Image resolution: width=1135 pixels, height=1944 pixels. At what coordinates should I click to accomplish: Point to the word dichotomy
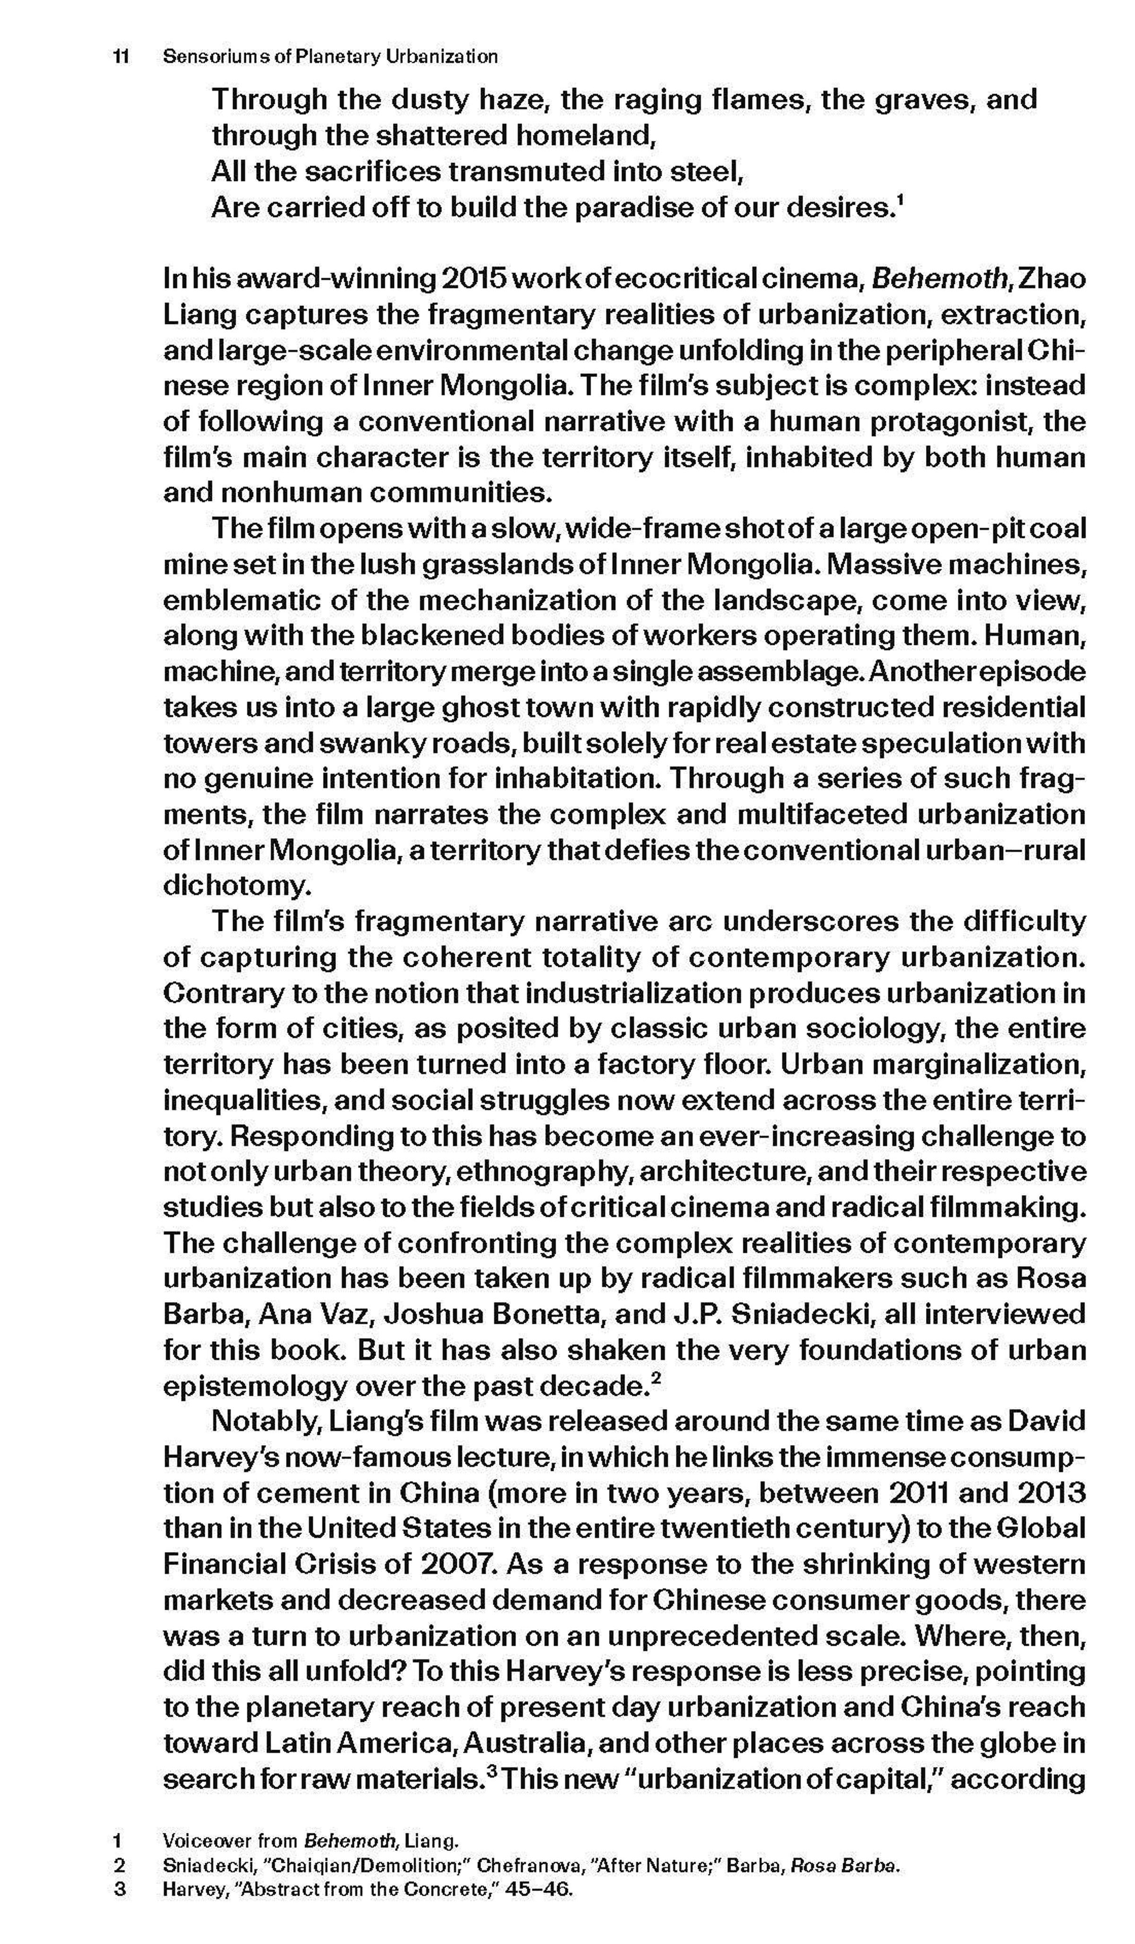point(237,885)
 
